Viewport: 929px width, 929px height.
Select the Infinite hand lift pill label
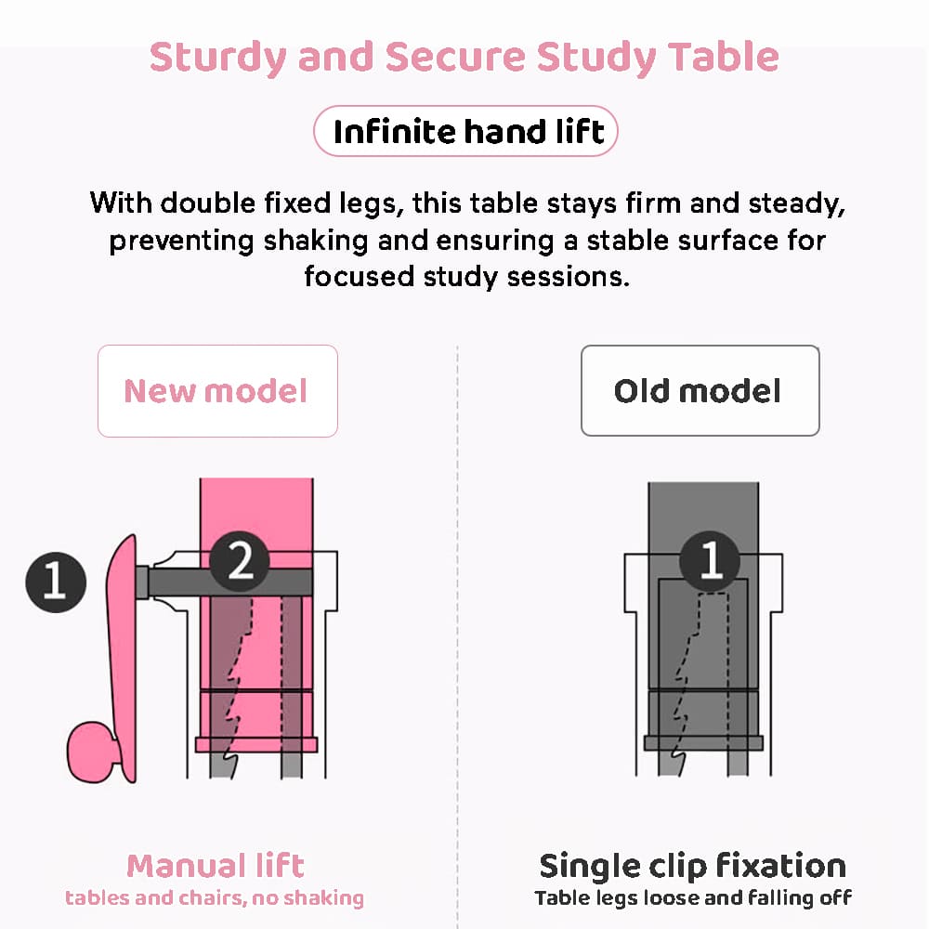coord(467,132)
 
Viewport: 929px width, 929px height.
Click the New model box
coord(216,391)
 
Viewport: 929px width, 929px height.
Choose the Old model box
coord(699,391)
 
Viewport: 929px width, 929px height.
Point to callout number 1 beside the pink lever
coord(56,581)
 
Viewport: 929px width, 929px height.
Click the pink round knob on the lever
coord(91,749)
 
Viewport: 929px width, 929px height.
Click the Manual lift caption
coord(216,866)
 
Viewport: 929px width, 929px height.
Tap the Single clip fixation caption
coord(693,866)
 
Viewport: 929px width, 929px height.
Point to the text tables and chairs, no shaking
coord(215,898)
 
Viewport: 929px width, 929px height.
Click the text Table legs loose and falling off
coord(693,898)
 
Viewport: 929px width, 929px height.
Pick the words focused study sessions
coord(466,277)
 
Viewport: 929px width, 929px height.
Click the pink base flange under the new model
coord(255,744)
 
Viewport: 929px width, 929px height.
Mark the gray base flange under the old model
coord(703,743)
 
